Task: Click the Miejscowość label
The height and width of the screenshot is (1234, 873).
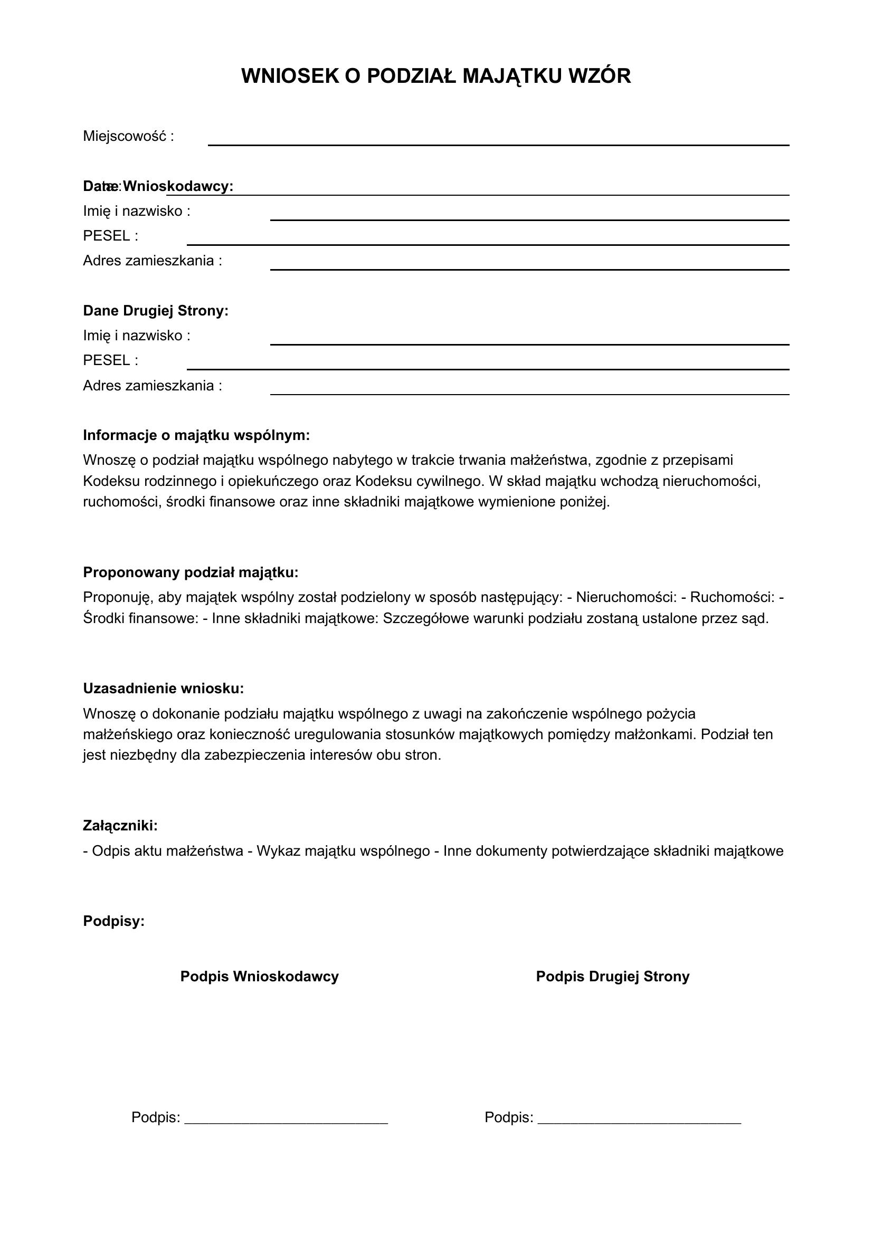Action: click(128, 137)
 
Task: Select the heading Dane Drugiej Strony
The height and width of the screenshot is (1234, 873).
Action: click(156, 311)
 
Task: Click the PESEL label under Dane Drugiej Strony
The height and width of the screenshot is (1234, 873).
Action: click(110, 360)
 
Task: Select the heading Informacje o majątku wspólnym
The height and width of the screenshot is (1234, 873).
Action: click(196, 435)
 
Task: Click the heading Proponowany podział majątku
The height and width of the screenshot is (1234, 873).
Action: click(191, 572)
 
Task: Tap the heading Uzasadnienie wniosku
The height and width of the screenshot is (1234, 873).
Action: click(164, 688)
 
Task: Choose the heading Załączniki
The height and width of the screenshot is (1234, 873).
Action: click(120, 826)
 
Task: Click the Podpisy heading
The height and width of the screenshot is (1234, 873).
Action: click(114, 921)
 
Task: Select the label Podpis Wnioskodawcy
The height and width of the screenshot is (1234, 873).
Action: click(260, 977)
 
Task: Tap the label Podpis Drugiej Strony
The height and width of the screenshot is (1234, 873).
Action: click(613, 977)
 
